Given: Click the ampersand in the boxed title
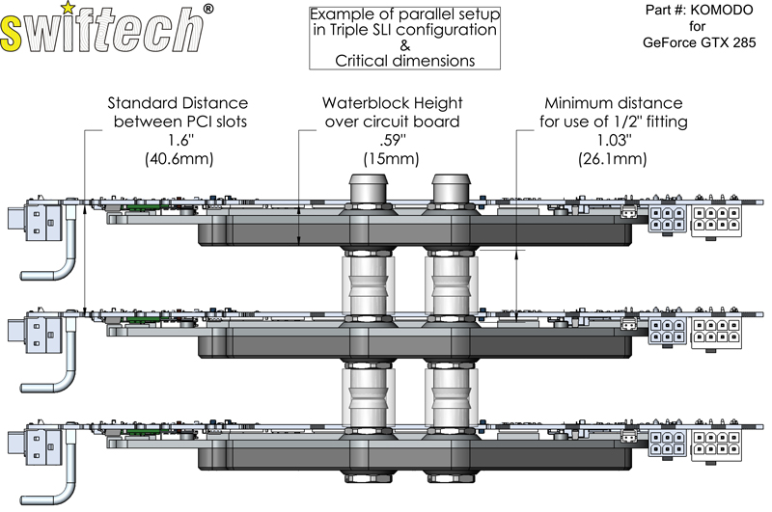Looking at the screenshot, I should point(404,45).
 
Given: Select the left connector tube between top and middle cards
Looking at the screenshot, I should point(370,281).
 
